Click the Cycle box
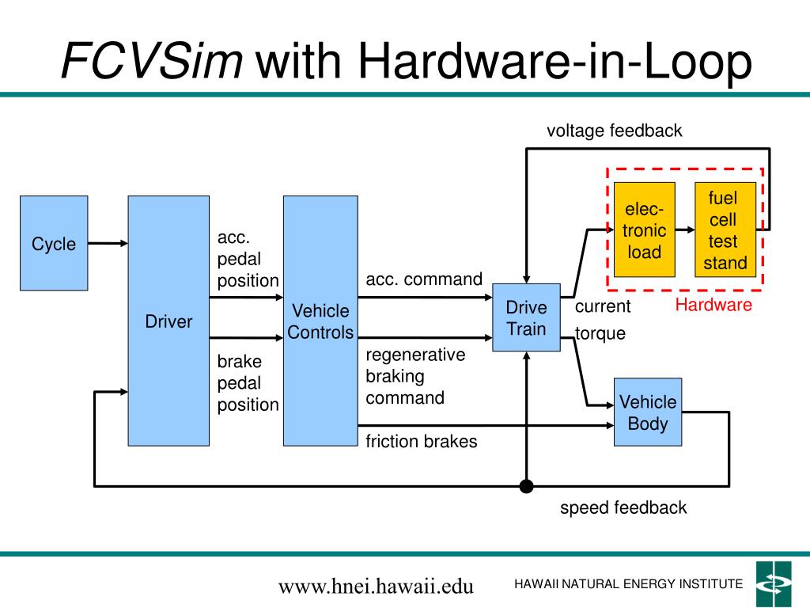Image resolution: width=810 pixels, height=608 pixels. [x=54, y=243]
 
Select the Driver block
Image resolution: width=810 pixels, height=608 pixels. [x=168, y=321]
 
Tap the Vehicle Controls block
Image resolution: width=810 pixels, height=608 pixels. [x=320, y=321]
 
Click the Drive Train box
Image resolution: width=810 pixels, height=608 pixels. [x=526, y=317]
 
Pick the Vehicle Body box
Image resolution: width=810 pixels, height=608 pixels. [x=648, y=412]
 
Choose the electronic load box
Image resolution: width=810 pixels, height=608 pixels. [x=644, y=230]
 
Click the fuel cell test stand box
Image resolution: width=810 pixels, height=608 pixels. [x=725, y=230]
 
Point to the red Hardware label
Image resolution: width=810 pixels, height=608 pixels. [x=713, y=305]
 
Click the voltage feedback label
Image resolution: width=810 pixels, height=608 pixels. [x=614, y=131]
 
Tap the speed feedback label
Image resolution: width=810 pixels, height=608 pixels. [x=623, y=507]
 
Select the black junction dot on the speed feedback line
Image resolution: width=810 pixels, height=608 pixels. [x=526, y=486]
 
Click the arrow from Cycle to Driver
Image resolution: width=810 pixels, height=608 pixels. [x=108, y=243]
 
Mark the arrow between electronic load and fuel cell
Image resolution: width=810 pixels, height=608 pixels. [x=685, y=230]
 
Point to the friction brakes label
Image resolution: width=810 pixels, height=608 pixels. [x=422, y=441]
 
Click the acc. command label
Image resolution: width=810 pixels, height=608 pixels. [x=424, y=279]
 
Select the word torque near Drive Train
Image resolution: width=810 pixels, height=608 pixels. [x=600, y=333]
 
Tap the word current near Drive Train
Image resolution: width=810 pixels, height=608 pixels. [x=603, y=306]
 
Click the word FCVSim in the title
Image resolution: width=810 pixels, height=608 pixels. [x=152, y=61]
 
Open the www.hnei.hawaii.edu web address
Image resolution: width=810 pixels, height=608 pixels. [x=376, y=587]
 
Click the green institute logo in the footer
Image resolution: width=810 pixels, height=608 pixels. [x=774, y=583]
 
